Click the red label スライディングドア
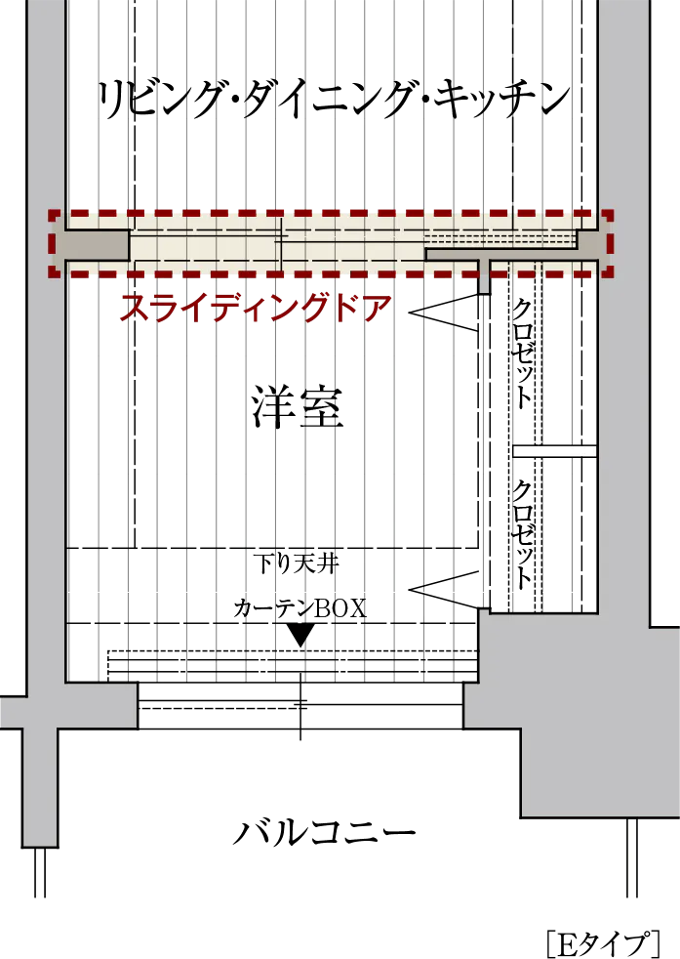click(x=256, y=309)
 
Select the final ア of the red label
click(x=377, y=309)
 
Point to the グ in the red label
click(x=314, y=309)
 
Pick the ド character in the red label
click(x=345, y=309)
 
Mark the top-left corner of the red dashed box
click(x=52, y=213)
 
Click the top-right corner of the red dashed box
click(x=610, y=213)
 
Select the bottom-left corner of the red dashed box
click(x=52, y=274)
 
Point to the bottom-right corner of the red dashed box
click(x=610, y=274)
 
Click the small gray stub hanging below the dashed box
click(x=484, y=277)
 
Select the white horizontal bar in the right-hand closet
click(x=554, y=451)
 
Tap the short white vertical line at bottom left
click(x=39, y=873)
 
